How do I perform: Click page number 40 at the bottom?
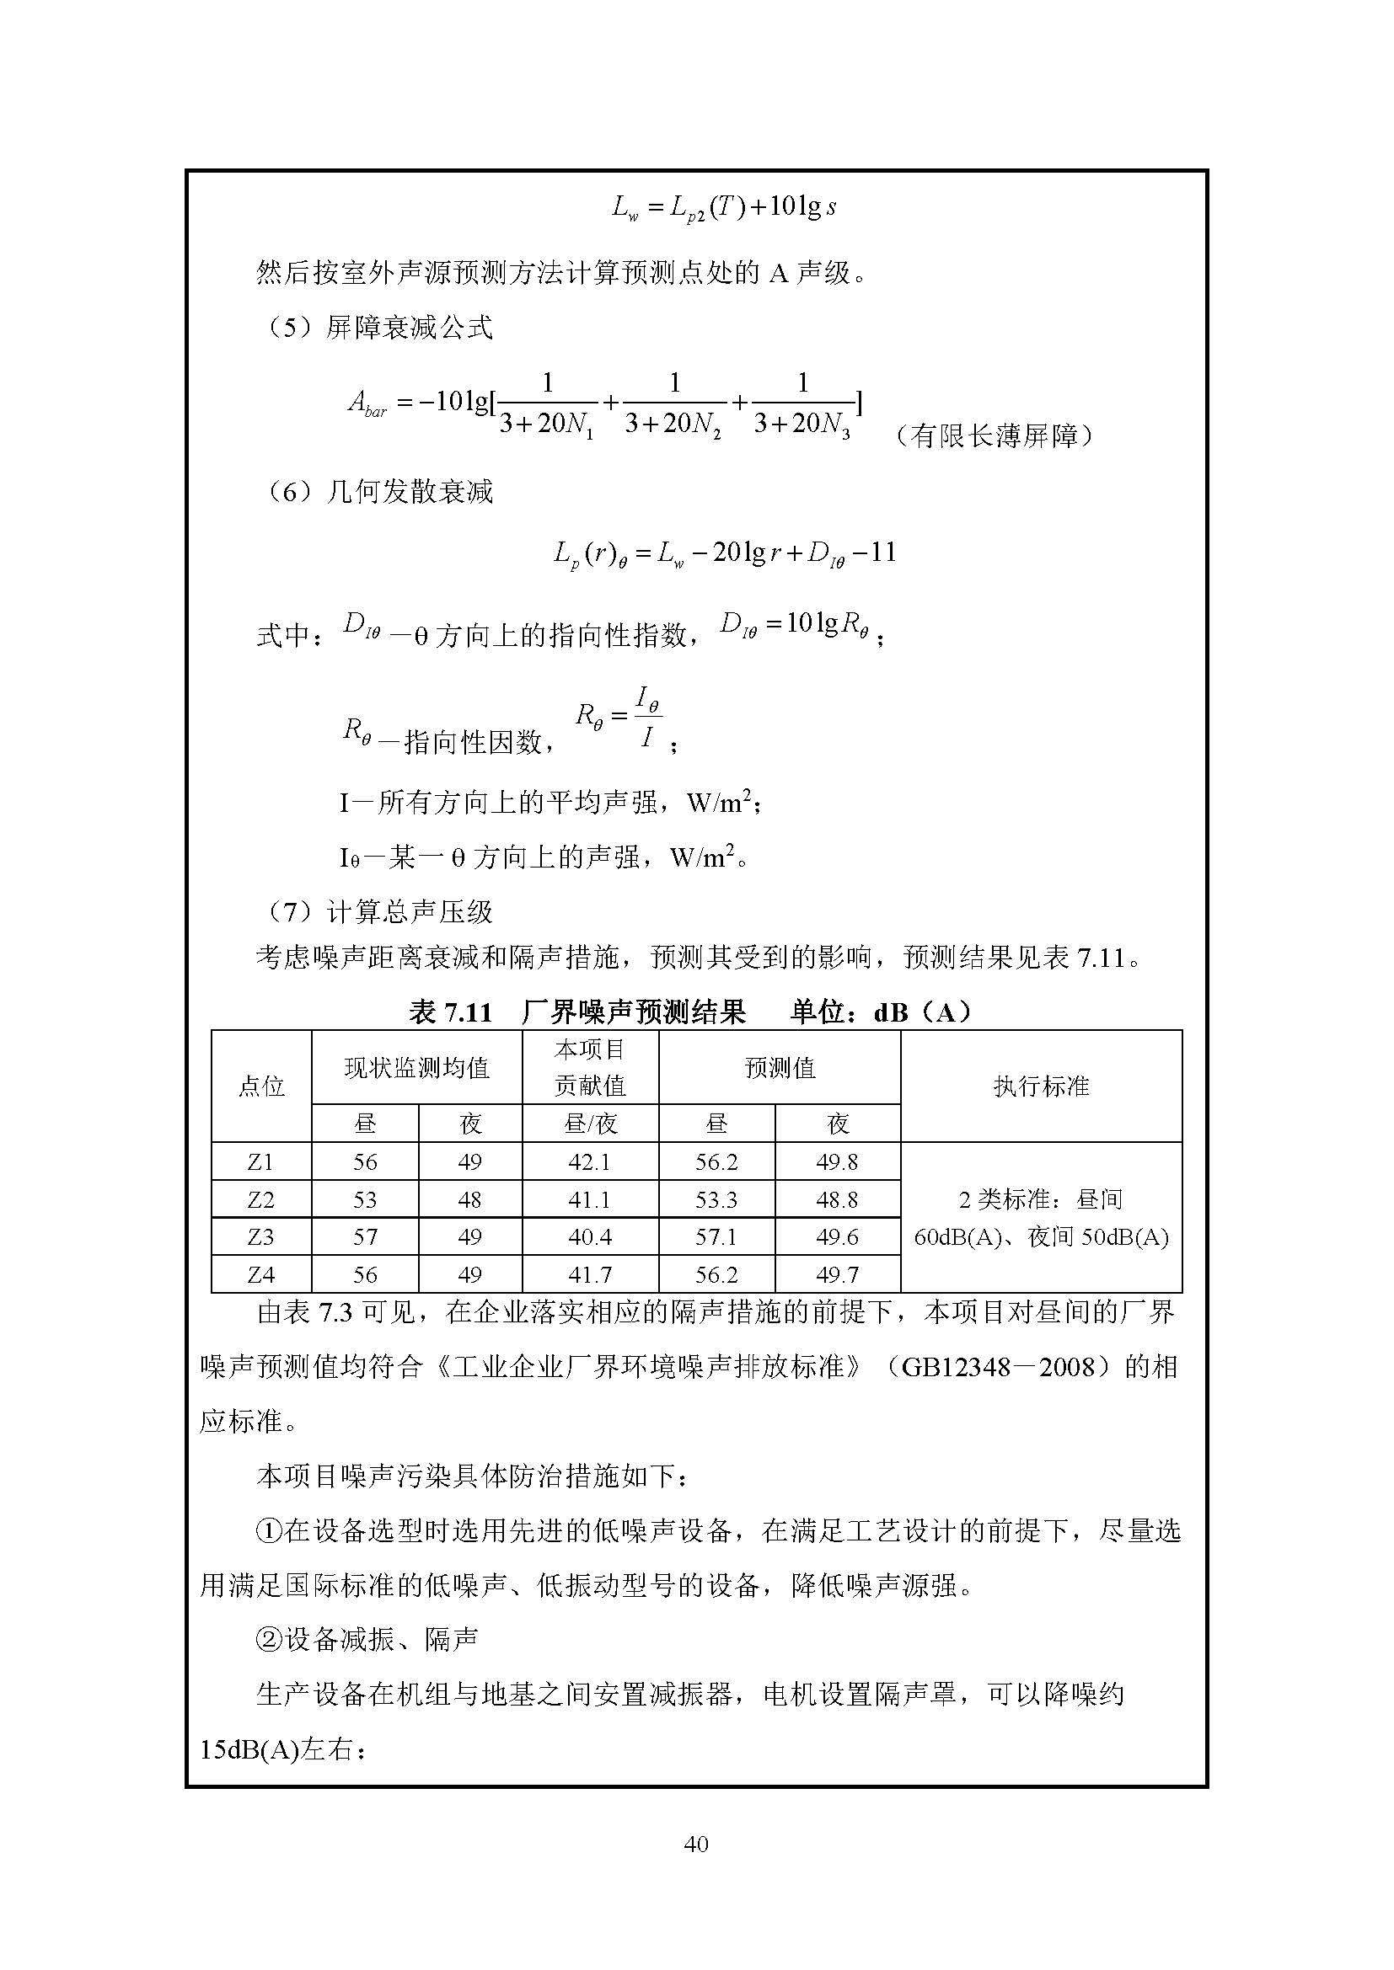[x=696, y=1844]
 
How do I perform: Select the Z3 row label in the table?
[x=260, y=1236]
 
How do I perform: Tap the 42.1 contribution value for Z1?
[x=589, y=1161]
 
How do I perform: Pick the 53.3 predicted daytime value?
[x=716, y=1199]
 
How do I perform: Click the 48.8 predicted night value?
[x=837, y=1199]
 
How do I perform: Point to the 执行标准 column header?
[x=1040, y=1086]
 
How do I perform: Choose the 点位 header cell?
[x=261, y=1086]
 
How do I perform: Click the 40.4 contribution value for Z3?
[x=589, y=1236]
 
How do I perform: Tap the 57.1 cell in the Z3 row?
[x=716, y=1236]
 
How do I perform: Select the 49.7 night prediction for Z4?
[x=837, y=1275]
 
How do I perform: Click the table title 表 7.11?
[x=451, y=1013]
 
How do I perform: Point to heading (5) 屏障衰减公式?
[x=378, y=327]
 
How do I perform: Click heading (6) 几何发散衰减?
[x=378, y=492]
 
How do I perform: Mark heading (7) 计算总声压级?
[x=378, y=911]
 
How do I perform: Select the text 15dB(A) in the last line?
[x=249, y=1749]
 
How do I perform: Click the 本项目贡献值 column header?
[x=590, y=1067]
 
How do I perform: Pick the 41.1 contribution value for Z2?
[x=589, y=1199]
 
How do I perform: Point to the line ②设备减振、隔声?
[x=367, y=1640]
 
